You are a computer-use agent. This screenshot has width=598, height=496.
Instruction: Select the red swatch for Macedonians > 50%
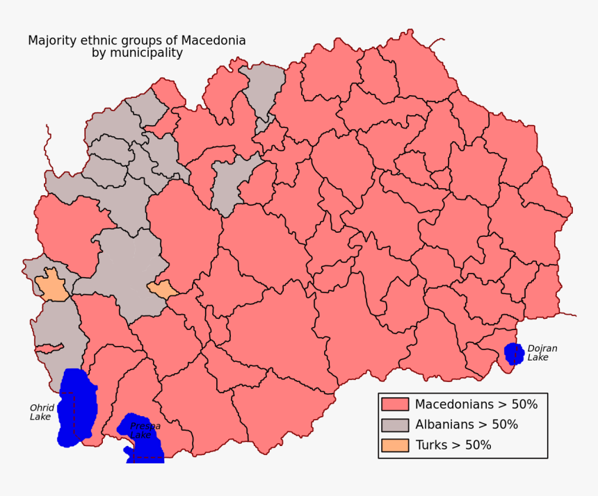click(x=394, y=404)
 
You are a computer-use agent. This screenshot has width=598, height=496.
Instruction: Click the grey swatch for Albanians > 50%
click(x=394, y=424)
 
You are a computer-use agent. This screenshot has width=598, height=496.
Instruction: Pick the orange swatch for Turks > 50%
click(x=394, y=445)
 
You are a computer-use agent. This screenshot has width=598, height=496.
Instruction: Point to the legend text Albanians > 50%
click(x=466, y=424)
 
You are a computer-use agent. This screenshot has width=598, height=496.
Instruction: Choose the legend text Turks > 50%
click(x=453, y=445)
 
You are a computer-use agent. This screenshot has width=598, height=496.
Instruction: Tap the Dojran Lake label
click(x=542, y=353)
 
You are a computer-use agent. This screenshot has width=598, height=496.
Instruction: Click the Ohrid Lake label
click(x=41, y=412)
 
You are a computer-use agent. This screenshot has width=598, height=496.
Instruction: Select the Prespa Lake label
click(x=145, y=430)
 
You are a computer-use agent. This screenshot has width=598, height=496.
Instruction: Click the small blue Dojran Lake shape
click(x=514, y=354)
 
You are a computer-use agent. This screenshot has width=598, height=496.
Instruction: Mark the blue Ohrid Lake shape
click(x=76, y=406)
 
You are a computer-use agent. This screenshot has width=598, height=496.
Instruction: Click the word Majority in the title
click(x=51, y=40)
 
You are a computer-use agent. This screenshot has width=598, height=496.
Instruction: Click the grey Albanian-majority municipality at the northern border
click(x=264, y=90)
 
